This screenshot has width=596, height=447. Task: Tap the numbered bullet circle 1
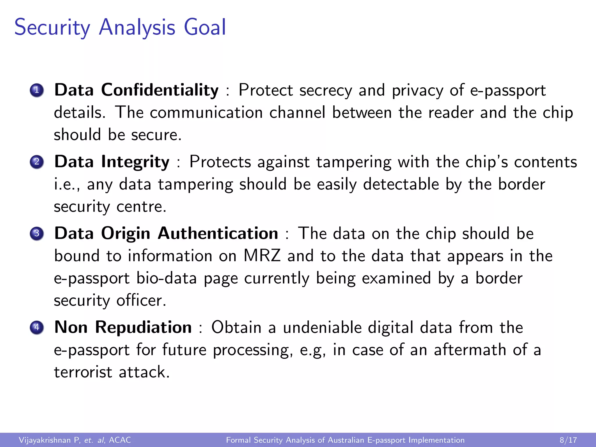point(37,90)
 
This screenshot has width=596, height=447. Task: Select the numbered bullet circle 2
point(37,162)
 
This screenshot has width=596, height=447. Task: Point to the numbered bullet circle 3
point(37,233)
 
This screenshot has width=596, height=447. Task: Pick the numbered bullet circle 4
point(37,327)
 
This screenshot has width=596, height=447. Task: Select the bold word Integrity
point(135,162)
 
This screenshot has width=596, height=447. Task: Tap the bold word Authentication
point(218,233)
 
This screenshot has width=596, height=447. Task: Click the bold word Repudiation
point(143,327)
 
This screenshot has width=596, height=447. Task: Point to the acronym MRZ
point(262,256)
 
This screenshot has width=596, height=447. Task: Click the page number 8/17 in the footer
point(568,440)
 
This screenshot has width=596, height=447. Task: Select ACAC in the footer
point(120,440)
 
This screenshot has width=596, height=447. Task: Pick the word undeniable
point(322,327)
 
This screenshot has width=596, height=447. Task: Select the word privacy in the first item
point(417,90)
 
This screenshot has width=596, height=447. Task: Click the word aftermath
point(470,350)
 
